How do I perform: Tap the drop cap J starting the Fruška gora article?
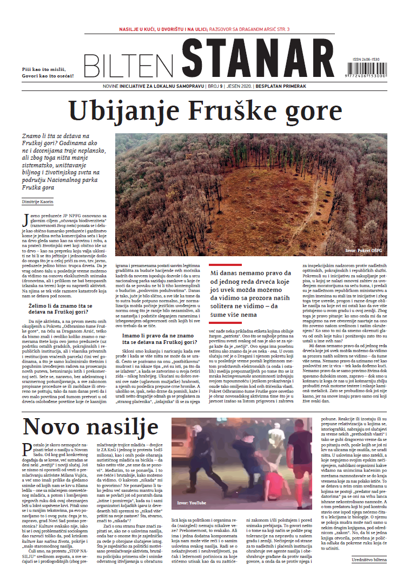pyautogui.click(x=25, y=219)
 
